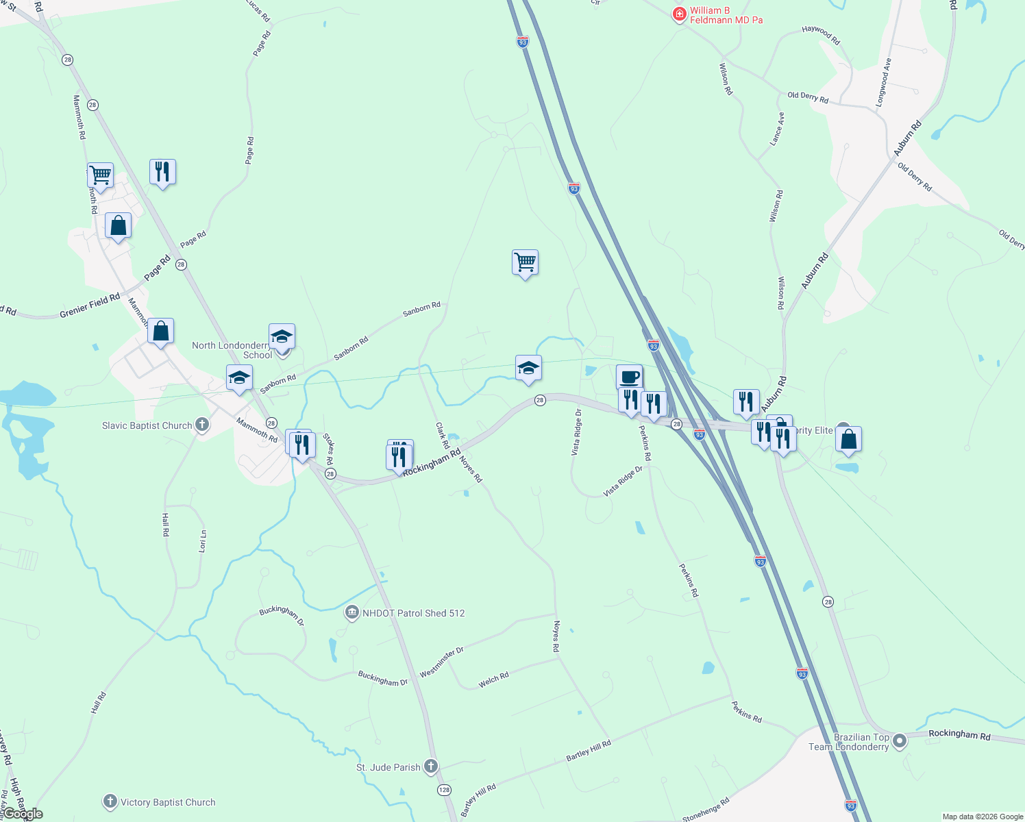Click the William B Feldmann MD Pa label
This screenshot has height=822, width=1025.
point(726,15)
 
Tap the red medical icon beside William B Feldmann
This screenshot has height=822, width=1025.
point(679,14)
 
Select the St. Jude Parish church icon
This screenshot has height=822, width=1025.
point(431,766)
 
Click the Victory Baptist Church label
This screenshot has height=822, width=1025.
point(168,802)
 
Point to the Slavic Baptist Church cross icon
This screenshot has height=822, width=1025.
point(201,425)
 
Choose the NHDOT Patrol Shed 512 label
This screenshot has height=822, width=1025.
point(413,613)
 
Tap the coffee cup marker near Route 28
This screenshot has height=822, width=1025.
point(629,376)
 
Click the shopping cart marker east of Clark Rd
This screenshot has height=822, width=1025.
point(525,262)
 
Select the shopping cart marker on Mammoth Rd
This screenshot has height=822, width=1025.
point(100,175)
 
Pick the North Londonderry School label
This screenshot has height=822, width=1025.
point(232,350)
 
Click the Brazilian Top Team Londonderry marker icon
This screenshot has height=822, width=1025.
point(900,740)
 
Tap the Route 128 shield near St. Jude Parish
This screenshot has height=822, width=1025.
point(445,790)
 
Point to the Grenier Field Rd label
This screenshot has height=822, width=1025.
point(90,306)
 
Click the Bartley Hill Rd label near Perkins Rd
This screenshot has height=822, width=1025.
point(588,749)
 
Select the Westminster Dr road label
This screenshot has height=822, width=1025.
point(442,662)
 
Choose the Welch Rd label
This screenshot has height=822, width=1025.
point(493,680)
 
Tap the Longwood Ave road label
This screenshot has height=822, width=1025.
point(884,82)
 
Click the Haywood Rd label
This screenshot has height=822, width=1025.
point(821,36)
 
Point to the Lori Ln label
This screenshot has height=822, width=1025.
point(202,541)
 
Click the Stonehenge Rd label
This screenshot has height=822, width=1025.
point(706,810)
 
